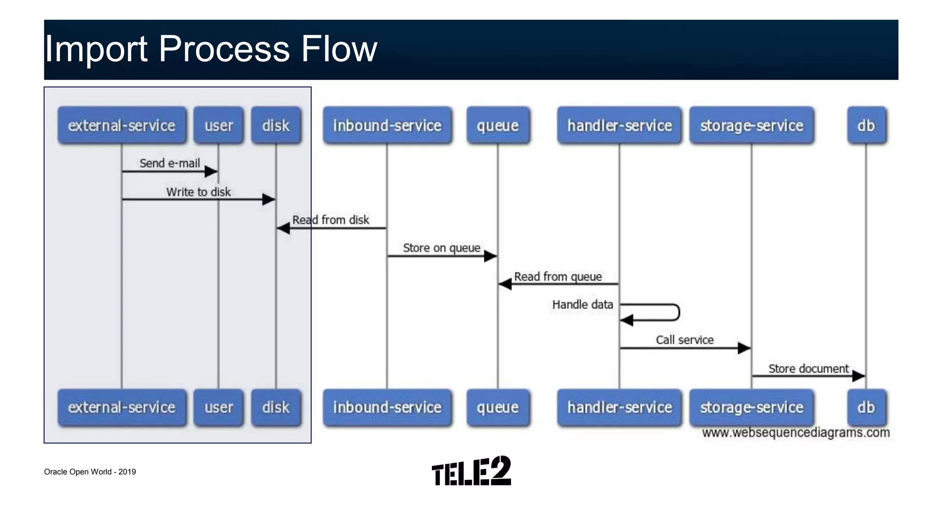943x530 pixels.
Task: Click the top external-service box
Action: (122, 126)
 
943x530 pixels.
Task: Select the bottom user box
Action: (219, 408)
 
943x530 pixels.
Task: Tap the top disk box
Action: (276, 126)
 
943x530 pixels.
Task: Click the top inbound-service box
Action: (387, 126)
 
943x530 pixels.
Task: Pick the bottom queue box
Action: (498, 408)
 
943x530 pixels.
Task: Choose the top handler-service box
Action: (619, 126)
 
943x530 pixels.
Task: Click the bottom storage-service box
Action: (751, 408)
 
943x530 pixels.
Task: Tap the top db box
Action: (866, 126)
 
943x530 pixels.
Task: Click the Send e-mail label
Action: (169, 163)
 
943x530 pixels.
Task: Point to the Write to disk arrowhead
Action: (269, 199)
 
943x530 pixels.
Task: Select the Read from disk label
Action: (331, 220)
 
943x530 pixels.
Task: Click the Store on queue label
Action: (442, 248)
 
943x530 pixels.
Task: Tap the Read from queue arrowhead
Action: (505, 284)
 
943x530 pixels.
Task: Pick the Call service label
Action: (685, 340)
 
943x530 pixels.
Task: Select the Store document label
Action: (808, 369)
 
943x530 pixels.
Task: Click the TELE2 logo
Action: (471, 471)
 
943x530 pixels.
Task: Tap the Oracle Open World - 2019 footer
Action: (90, 472)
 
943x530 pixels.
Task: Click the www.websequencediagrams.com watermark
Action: (796, 432)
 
